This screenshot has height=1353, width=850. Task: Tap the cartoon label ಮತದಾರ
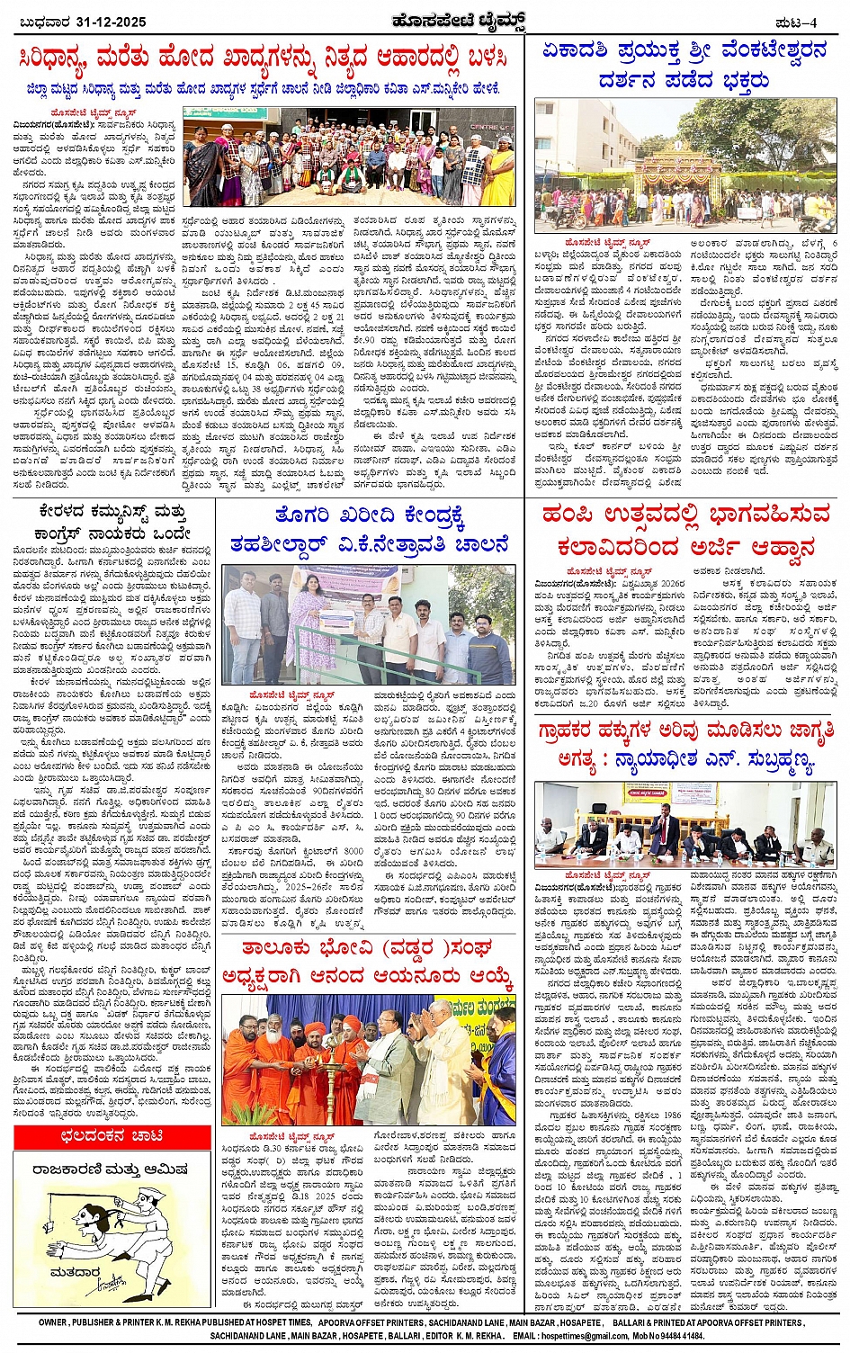(x=74, y=1272)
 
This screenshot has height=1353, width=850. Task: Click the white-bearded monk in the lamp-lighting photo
(x=270, y=1053)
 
